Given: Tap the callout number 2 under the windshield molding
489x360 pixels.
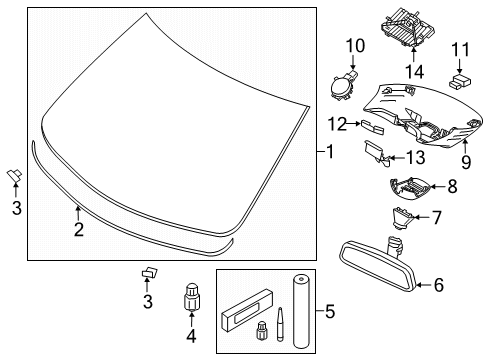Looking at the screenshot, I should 77,231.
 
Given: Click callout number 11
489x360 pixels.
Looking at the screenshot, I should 356,46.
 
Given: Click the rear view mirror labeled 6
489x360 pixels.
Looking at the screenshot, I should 411,71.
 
